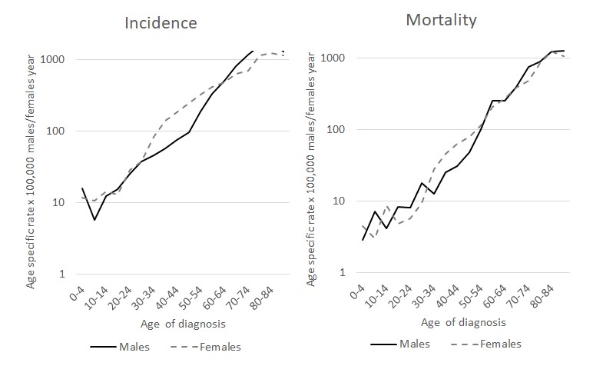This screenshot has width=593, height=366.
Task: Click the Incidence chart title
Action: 161,22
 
